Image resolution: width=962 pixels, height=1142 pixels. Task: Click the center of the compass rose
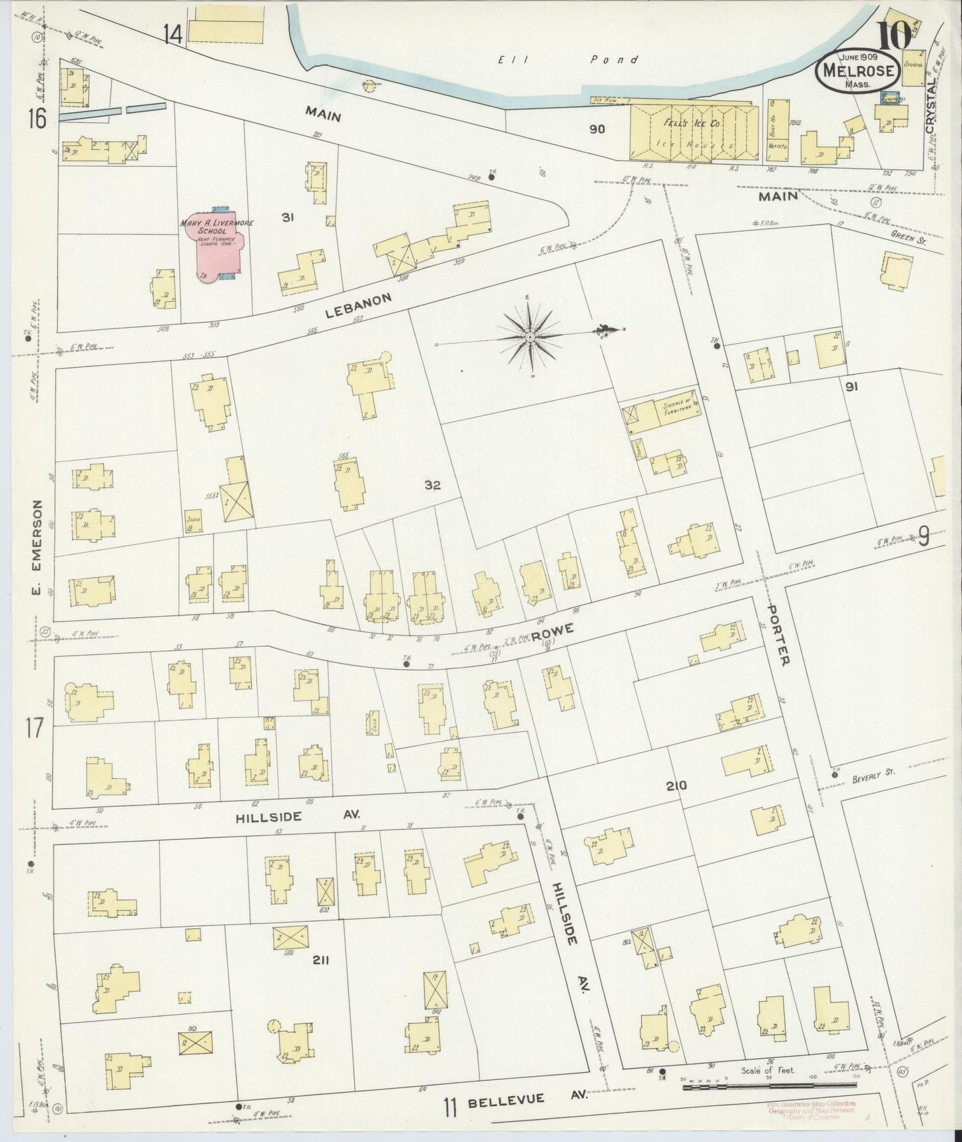[529, 338]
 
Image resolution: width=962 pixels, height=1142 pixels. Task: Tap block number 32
[433, 485]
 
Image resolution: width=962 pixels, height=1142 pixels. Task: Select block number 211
[321, 960]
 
